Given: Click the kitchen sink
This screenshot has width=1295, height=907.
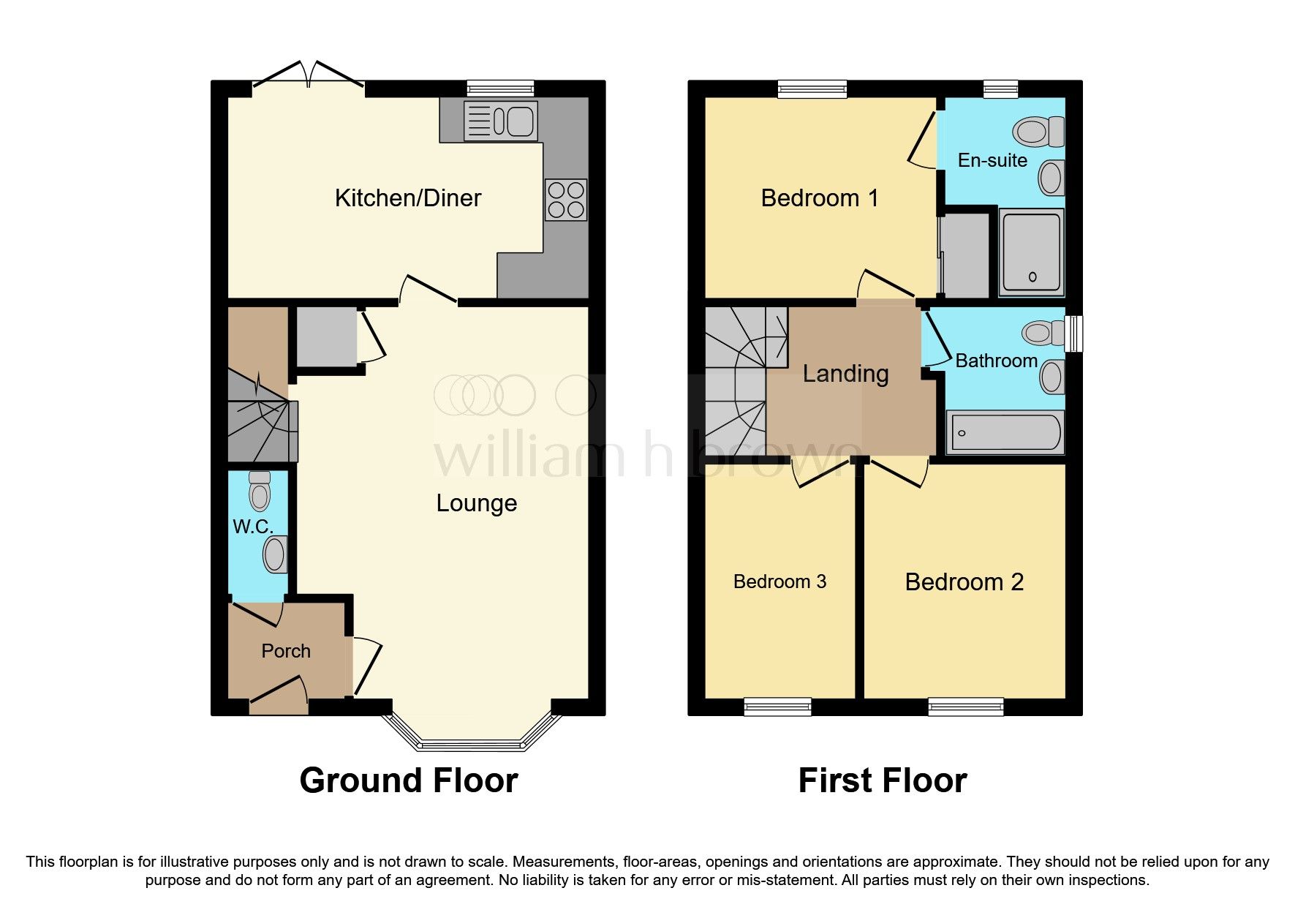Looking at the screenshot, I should click(502, 121).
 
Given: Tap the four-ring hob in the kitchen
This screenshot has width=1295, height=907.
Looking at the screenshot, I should click(566, 200).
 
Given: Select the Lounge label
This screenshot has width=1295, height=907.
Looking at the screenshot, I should click(477, 503).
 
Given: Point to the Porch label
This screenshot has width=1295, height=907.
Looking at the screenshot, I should click(286, 651).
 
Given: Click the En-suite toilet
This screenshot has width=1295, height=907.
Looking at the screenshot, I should click(1037, 132).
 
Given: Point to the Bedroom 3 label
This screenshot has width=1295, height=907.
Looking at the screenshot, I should click(779, 582).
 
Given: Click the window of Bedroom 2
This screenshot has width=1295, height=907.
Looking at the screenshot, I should click(965, 707).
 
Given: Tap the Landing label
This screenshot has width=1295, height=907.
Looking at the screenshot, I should click(845, 374).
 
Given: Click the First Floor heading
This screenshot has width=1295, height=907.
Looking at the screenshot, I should click(882, 780).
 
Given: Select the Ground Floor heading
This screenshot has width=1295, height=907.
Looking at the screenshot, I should click(409, 780).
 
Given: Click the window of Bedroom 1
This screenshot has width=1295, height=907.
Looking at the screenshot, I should click(812, 89).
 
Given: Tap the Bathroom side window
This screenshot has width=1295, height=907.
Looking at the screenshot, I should click(1073, 334).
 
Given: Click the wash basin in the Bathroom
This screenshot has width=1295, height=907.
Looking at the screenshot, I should click(1052, 377).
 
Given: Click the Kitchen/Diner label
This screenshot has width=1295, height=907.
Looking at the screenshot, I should click(408, 198).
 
